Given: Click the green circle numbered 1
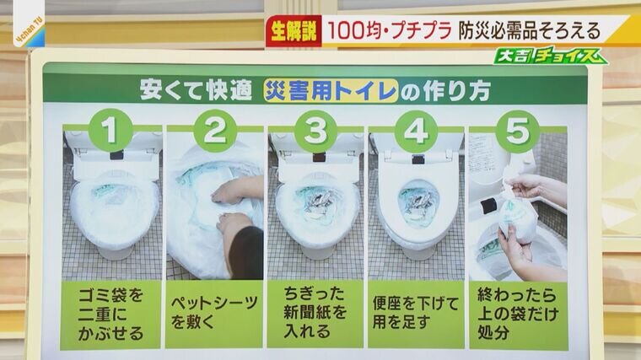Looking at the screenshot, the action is click(110, 131).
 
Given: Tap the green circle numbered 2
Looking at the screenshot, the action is click(214, 131).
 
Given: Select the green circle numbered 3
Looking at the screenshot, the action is click(315, 132).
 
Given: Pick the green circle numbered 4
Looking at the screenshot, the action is click(416, 132).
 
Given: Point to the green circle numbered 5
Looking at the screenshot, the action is click(517, 132).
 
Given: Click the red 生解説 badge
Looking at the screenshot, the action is click(294, 31).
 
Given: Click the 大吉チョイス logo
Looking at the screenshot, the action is click(550, 56).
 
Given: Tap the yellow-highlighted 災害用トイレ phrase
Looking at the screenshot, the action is click(331, 90).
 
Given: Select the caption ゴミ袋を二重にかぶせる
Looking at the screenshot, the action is click(110, 314).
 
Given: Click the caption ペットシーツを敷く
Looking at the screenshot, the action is click(214, 313).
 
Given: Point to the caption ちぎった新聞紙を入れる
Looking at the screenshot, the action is click(315, 313).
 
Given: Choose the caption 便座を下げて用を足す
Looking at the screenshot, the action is click(416, 313).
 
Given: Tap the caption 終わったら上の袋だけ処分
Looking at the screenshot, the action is click(518, 314).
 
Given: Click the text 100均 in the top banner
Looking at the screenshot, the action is click(355, 31).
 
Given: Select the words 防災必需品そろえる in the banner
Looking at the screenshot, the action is click(529, 31).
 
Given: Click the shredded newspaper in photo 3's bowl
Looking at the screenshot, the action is click(317, 203).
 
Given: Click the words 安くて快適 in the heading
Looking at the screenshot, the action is click(196, 90).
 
